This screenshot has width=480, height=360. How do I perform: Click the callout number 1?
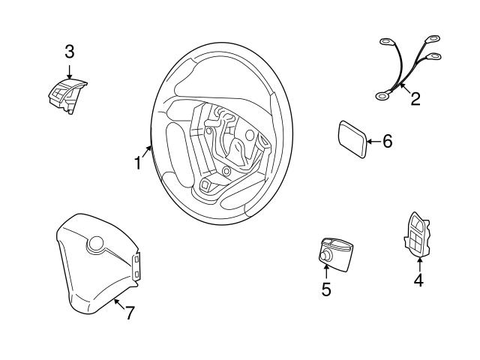tap(138, 162)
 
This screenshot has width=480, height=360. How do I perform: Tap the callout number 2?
tap(415, 98)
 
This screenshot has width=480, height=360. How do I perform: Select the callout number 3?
tap(69, 52)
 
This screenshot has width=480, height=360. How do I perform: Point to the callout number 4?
tap(418, 280)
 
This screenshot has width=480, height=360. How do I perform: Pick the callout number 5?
tap(326, 289)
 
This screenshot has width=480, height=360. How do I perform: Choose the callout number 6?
tap(387, 141)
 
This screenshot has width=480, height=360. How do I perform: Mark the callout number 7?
tap(129, 313)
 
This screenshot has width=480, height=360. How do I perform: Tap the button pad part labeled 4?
tap(417, 233)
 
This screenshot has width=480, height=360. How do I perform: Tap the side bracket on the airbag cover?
tap(136, 267)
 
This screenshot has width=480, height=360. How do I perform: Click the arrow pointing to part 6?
tap(373, 141)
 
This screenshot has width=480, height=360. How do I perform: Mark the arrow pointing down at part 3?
tap(69, 71)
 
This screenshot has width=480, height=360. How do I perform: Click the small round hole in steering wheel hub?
tap(225, 171)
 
